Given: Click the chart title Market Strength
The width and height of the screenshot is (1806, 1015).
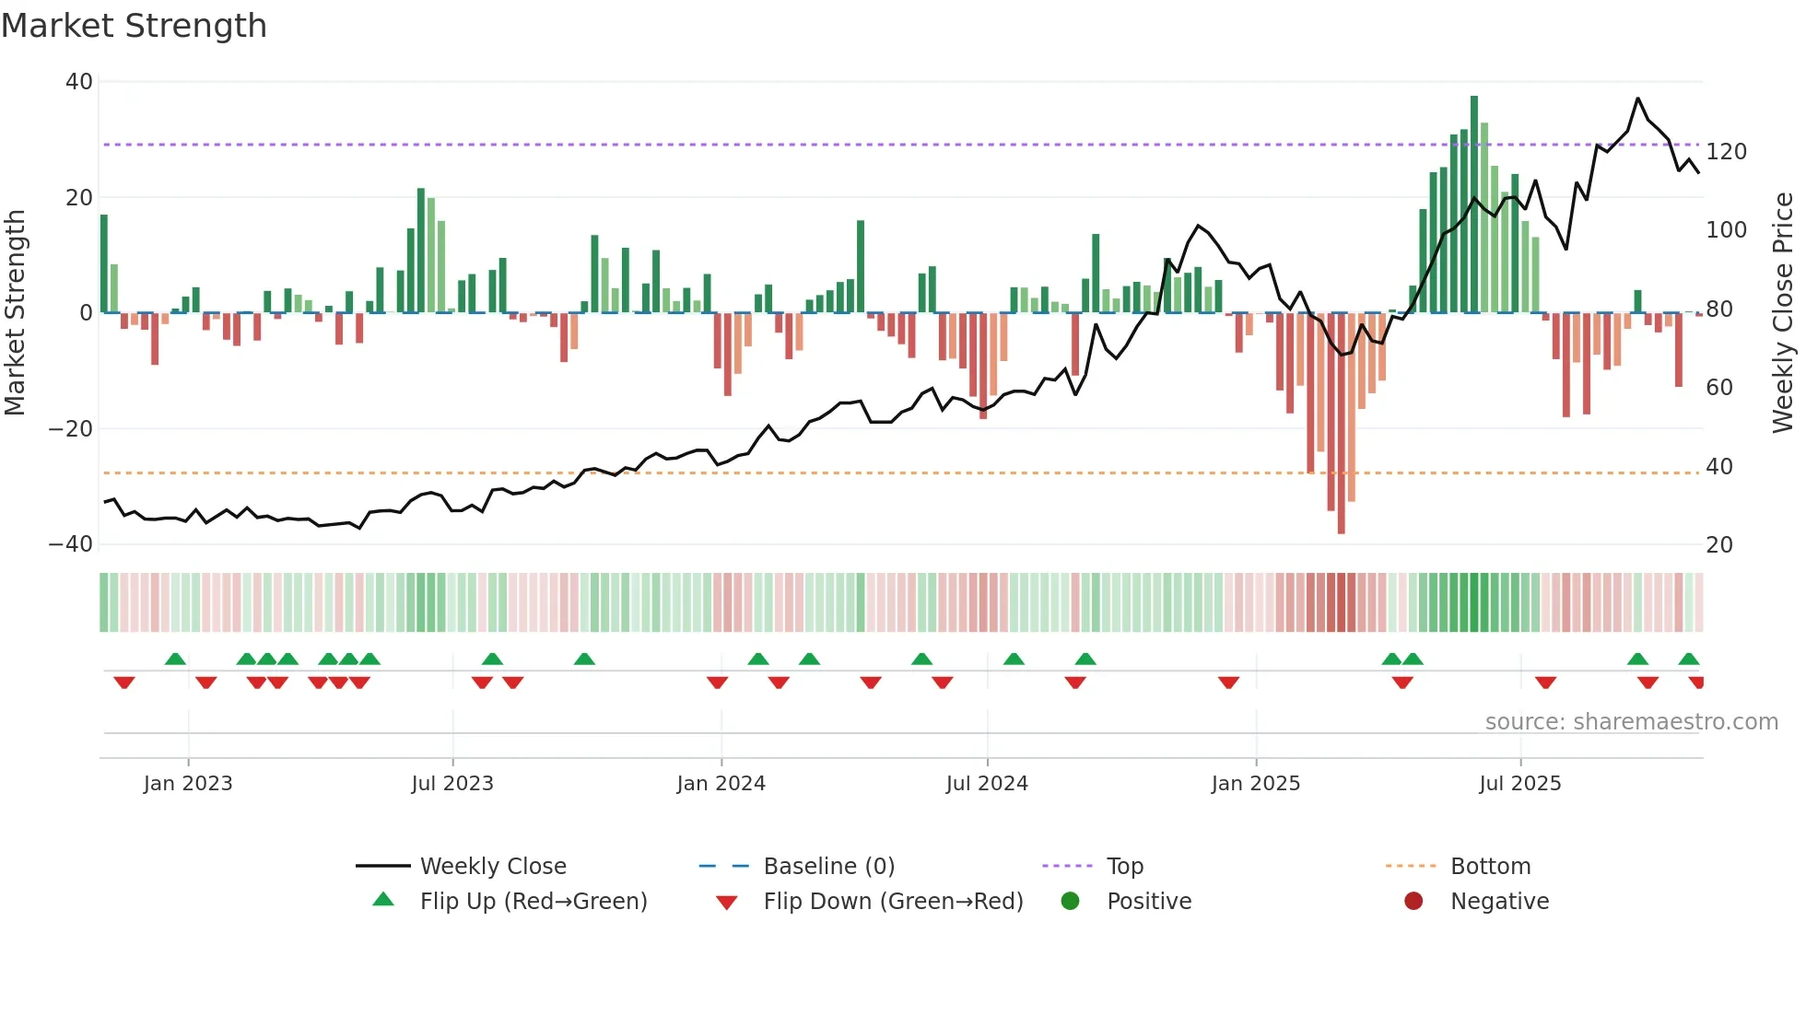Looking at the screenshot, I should click(134, 26).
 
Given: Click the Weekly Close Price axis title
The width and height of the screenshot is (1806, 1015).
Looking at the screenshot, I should click(1783, 312).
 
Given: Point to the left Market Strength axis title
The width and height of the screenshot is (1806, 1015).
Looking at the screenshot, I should click(15, 312).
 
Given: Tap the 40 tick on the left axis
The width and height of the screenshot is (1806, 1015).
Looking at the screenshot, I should click(78, 82).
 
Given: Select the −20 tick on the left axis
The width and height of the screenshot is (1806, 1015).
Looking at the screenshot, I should click(71, 428).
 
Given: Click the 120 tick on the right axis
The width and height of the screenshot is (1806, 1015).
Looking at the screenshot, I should click(1726, 152).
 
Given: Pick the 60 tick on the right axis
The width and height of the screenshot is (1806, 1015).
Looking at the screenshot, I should click(1719, 388).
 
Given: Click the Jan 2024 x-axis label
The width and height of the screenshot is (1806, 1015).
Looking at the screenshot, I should click(721, 784).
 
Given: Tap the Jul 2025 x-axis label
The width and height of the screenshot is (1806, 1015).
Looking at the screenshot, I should click(1519, 784).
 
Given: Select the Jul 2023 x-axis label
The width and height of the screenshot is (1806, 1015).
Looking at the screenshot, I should click(452, 784).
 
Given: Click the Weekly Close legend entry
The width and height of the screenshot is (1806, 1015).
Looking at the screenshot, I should click(492, 867).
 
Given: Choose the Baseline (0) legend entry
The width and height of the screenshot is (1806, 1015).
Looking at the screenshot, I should click(828, 867).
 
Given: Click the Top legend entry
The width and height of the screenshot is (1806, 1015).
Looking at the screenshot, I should click(1124, 867).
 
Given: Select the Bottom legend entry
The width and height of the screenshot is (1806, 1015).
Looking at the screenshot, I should click(1490, 867).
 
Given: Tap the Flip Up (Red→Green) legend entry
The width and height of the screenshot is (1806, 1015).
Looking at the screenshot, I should click(533, 902).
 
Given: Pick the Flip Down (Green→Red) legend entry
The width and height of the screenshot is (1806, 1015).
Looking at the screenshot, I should click(893, 902).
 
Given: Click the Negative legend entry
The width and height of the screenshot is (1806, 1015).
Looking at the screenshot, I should click(1499, 902).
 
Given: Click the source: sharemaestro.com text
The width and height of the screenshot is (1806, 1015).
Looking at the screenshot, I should click(1631, 722).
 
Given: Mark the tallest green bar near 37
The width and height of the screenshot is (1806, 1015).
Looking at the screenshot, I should click(1474, 203).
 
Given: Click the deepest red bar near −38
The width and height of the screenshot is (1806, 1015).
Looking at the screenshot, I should click(1341, 424).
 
